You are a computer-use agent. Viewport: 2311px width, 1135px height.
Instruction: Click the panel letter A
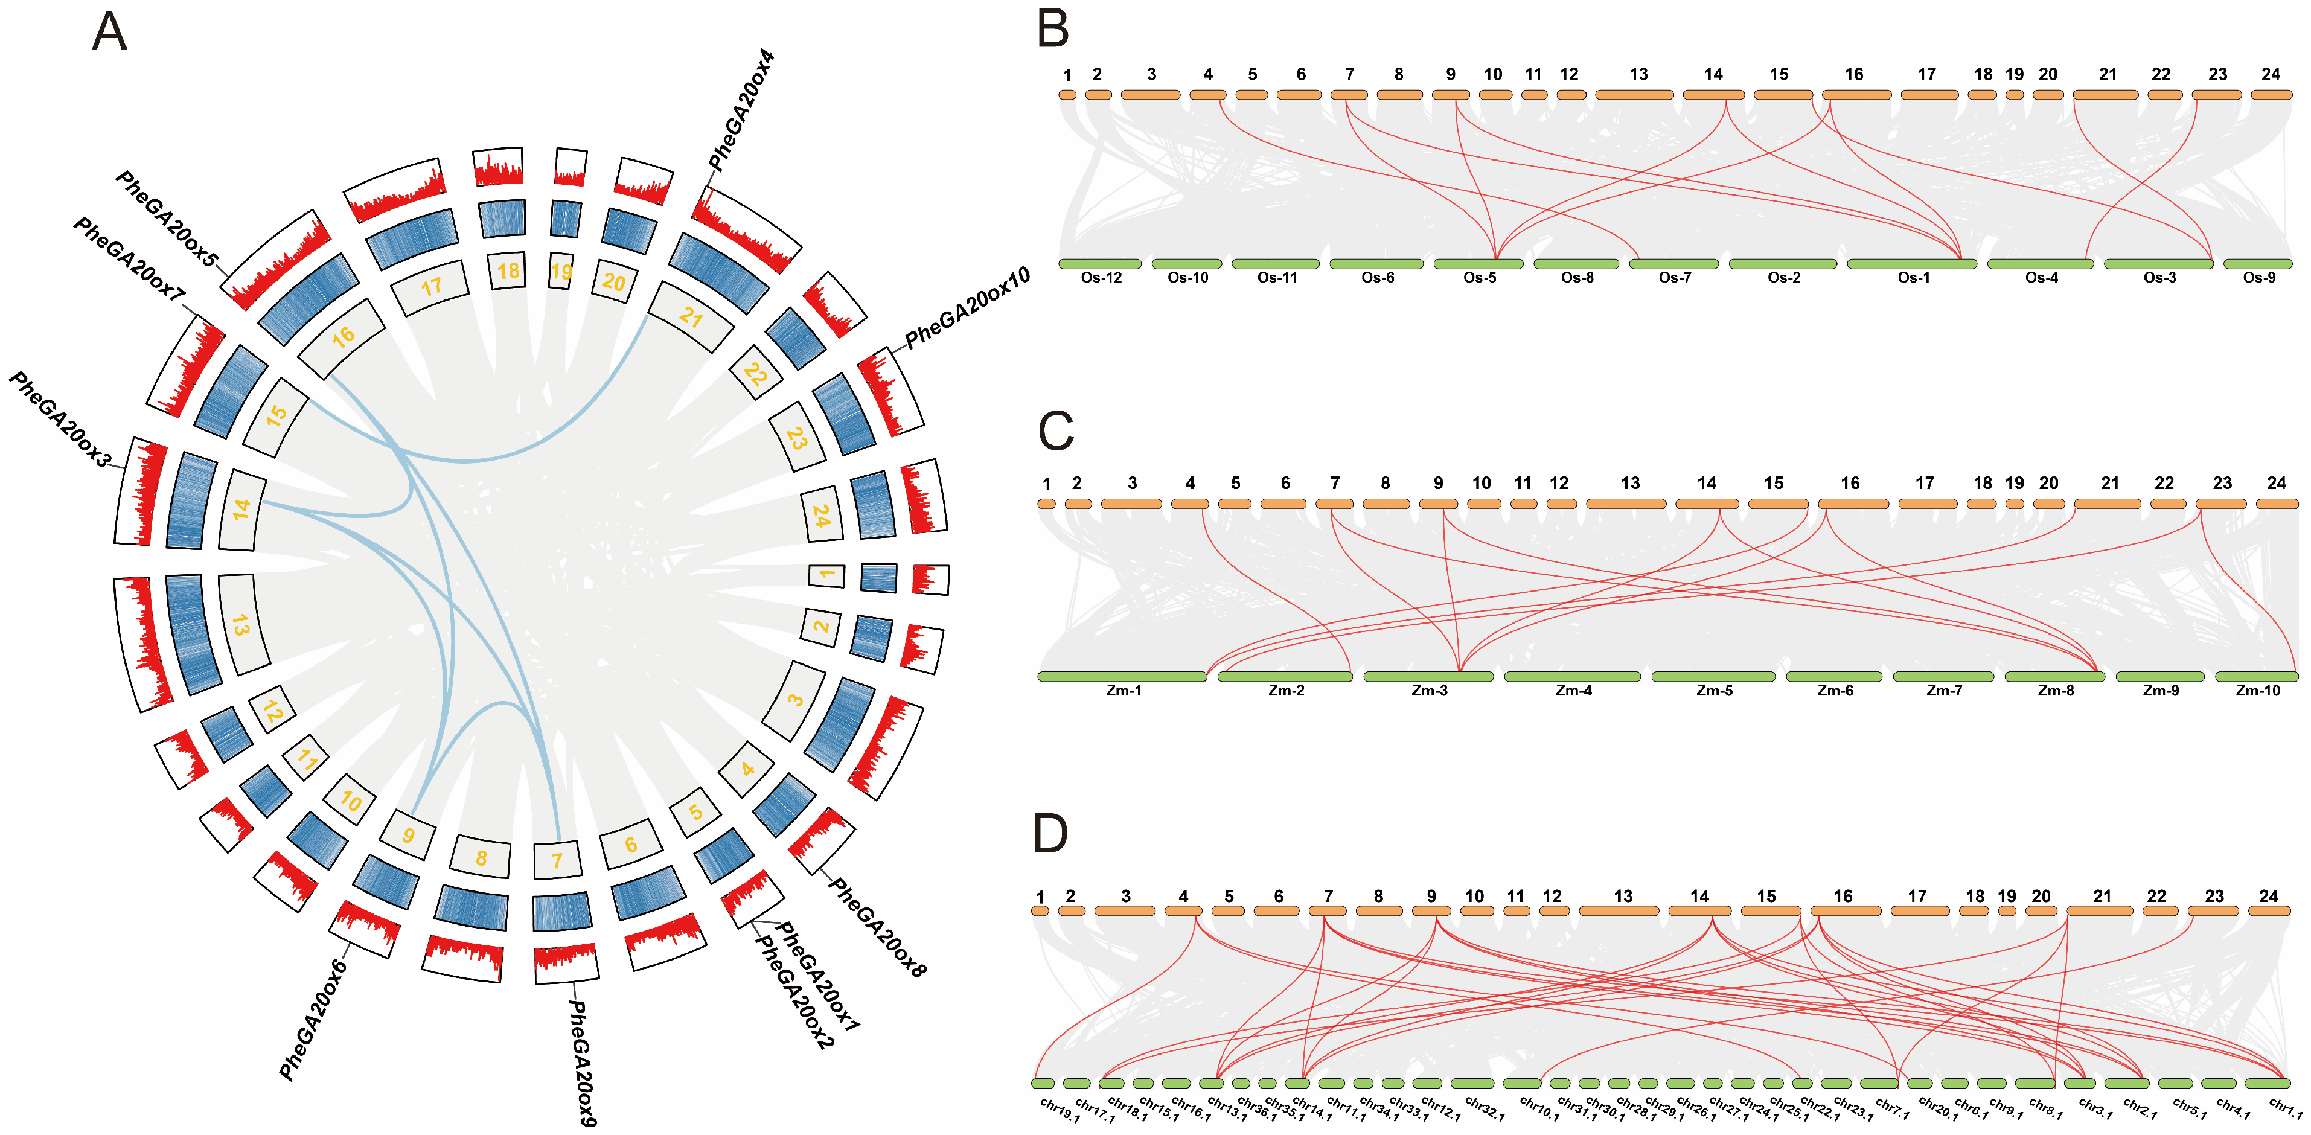coord(109,33)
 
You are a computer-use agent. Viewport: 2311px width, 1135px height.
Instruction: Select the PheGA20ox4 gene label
coord(741,109)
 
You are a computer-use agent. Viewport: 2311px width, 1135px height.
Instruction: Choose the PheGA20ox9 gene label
coord(582,1063)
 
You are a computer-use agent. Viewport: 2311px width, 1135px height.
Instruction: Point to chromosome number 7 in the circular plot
coord(557,860)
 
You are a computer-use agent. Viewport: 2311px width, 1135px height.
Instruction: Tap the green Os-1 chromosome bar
coord(1912,264)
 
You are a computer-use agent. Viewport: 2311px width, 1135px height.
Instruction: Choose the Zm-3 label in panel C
coord(1429,691)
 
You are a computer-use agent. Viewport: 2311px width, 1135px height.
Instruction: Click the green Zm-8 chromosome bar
coord(2055,677)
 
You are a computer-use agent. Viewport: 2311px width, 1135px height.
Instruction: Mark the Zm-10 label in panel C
coord(2257,691)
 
